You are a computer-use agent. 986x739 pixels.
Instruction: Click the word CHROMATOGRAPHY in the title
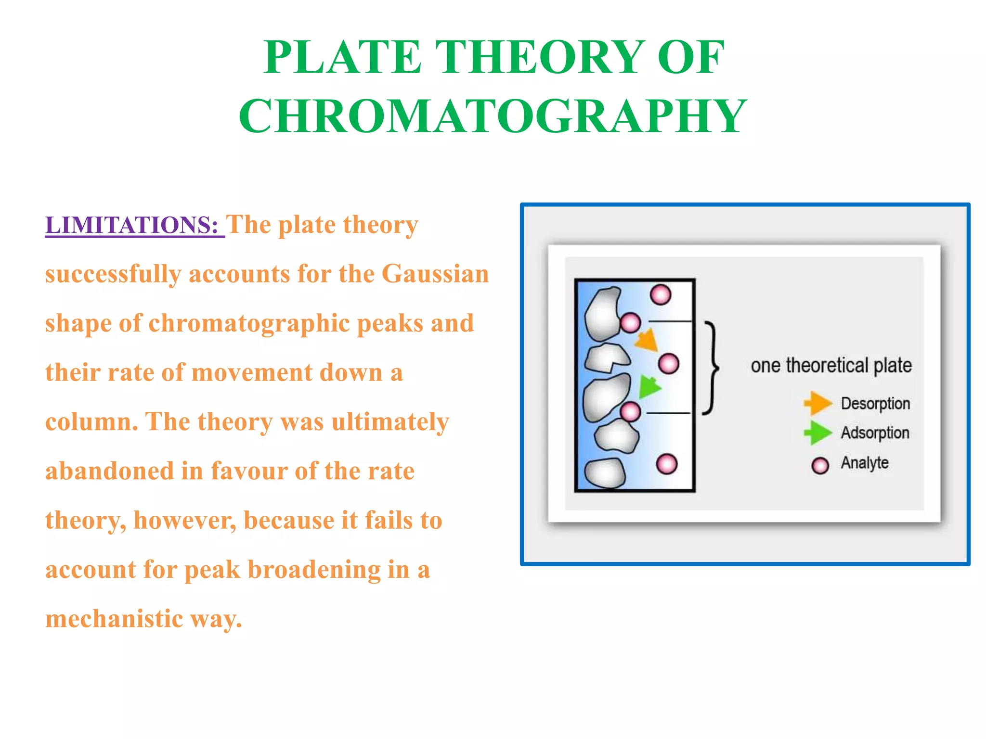click(493, 116)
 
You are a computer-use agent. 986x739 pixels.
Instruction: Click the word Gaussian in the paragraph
click(435, 274)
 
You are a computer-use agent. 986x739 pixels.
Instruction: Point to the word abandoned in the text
click(109, 471)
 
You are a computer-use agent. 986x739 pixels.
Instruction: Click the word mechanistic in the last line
click(114, 619)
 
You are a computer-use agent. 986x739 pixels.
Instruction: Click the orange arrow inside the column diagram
click(647, 340)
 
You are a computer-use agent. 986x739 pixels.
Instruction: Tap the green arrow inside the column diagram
click(649, 386)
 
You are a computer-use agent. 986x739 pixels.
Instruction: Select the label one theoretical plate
click(831, 366)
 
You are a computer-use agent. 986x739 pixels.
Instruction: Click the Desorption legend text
click(875, 403)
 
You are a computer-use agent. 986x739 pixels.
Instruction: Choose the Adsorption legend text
click(875, 433)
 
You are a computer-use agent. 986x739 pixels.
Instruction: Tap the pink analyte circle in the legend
click(820, 465)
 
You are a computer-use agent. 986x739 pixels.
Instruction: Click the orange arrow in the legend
click(817, 403)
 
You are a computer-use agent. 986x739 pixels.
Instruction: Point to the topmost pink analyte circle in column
click(660, 294)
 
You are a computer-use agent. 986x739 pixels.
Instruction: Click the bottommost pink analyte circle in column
click(667, 464)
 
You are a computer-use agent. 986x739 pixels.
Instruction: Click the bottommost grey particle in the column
click(605, 473)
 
